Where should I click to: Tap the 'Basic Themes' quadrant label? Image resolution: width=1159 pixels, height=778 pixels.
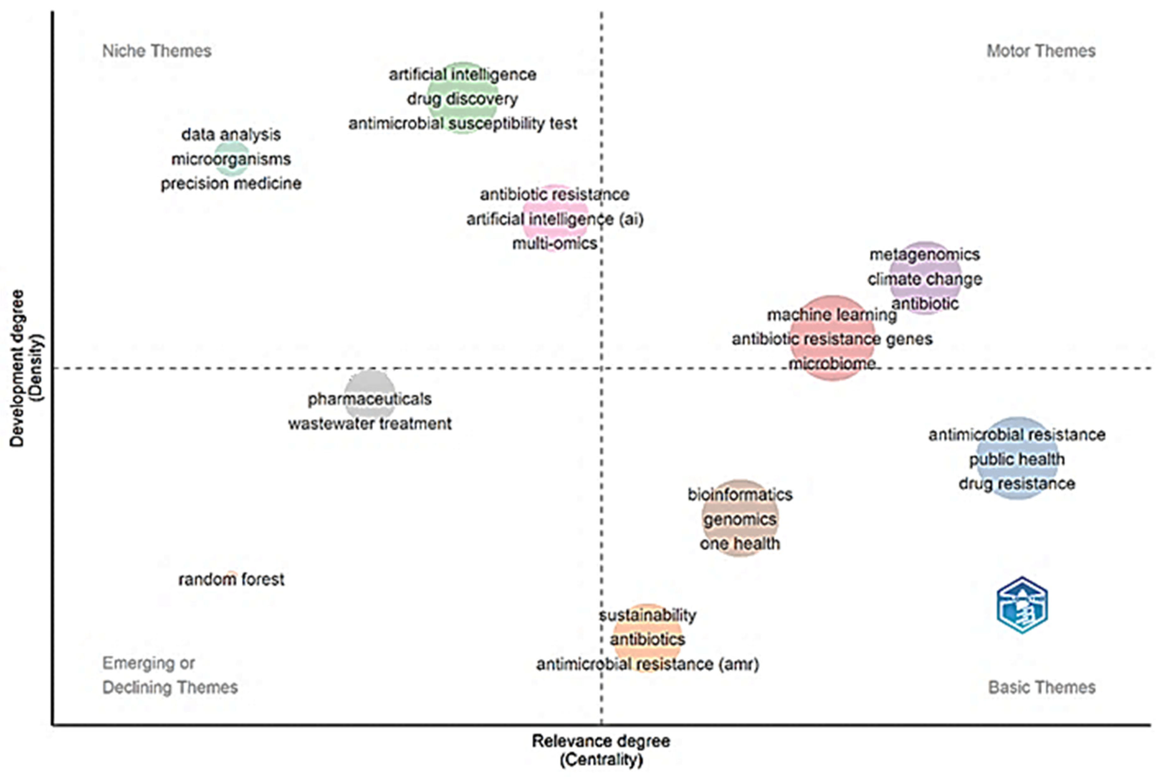pos(1042,687)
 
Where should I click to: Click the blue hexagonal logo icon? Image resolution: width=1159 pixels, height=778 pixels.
pos(1022,605)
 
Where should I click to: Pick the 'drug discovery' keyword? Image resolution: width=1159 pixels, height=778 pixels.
pos(463,99)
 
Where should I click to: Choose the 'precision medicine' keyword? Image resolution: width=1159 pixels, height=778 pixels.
pos(231,184)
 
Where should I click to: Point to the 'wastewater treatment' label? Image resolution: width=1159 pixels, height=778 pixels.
pos(370,424)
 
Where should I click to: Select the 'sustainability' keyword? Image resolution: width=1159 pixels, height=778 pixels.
pos(648,616)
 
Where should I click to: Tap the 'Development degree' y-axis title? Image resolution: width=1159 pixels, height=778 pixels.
pos(17,368)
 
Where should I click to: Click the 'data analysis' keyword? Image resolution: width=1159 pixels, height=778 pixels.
pos(231,134)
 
